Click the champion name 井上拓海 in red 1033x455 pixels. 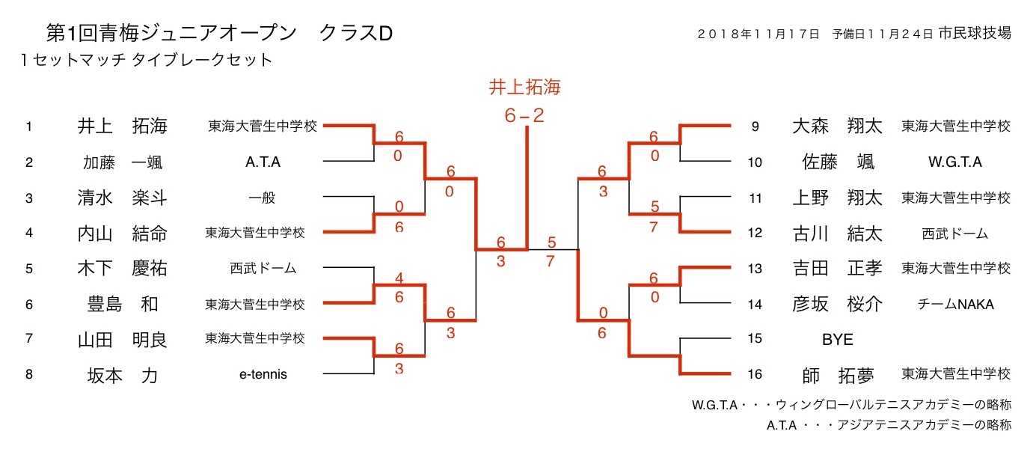click(x=525, y=88)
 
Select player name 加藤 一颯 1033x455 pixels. click(x=122, y=162)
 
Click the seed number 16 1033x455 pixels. click(x=755, y=373)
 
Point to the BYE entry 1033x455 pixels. click(x=837, y=339)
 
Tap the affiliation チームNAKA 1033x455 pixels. click(x=956, y=304)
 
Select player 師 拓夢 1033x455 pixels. click(x=837, y=374)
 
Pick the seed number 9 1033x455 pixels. click(x=755, y=126)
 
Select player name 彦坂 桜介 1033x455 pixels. click(x=837, y=304)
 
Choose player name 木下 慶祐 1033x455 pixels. click(x=122, y=269)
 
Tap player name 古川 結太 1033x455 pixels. click(x=837, y=233)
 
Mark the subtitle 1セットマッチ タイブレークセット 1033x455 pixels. click(x=147, y=60)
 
